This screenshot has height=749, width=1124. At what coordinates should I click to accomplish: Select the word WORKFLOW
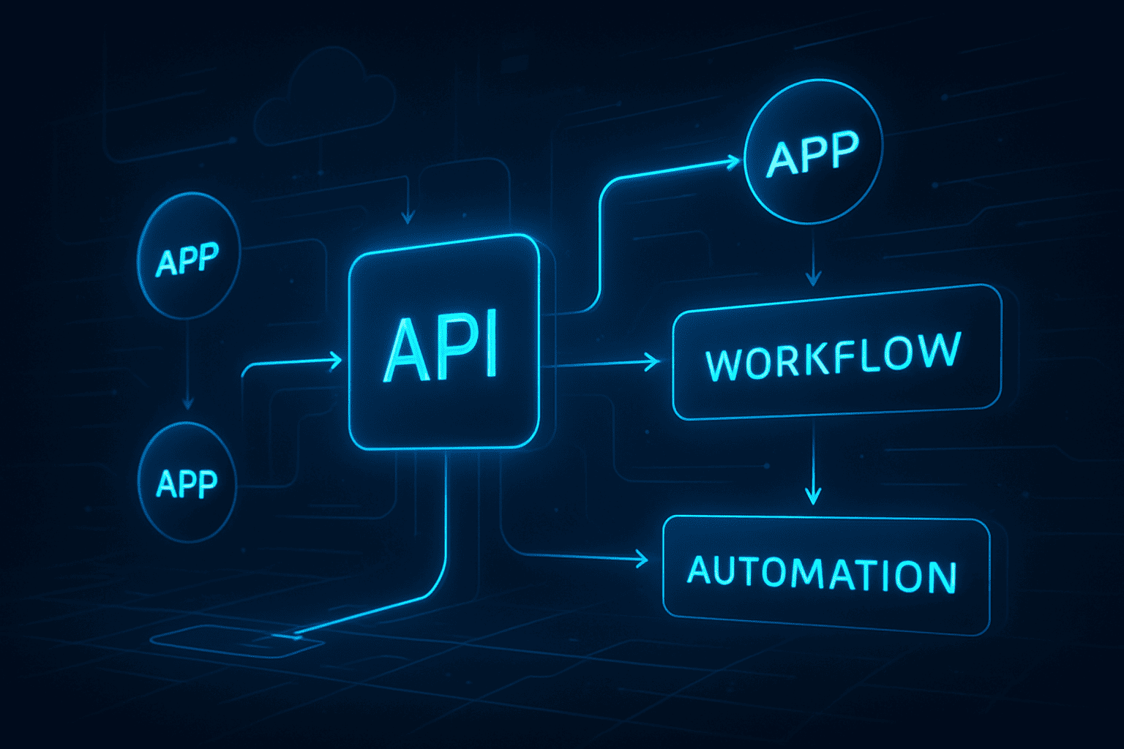point(833,356)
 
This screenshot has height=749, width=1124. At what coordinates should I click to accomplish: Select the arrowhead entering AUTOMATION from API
point(642,560)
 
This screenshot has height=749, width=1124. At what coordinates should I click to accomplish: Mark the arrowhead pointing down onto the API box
point(408,217)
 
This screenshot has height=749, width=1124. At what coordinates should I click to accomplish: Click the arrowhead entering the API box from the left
point(336,360)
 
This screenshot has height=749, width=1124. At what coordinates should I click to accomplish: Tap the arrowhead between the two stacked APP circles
point(188,402)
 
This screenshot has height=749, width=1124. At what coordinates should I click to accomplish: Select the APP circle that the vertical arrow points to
point(187,483)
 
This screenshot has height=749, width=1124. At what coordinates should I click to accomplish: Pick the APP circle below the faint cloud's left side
point(188,256)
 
